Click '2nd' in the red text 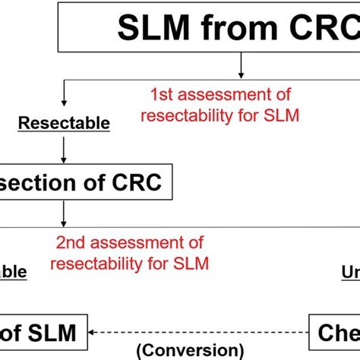click(x=74, y=243)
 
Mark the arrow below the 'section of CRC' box click(x=62, y=216)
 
